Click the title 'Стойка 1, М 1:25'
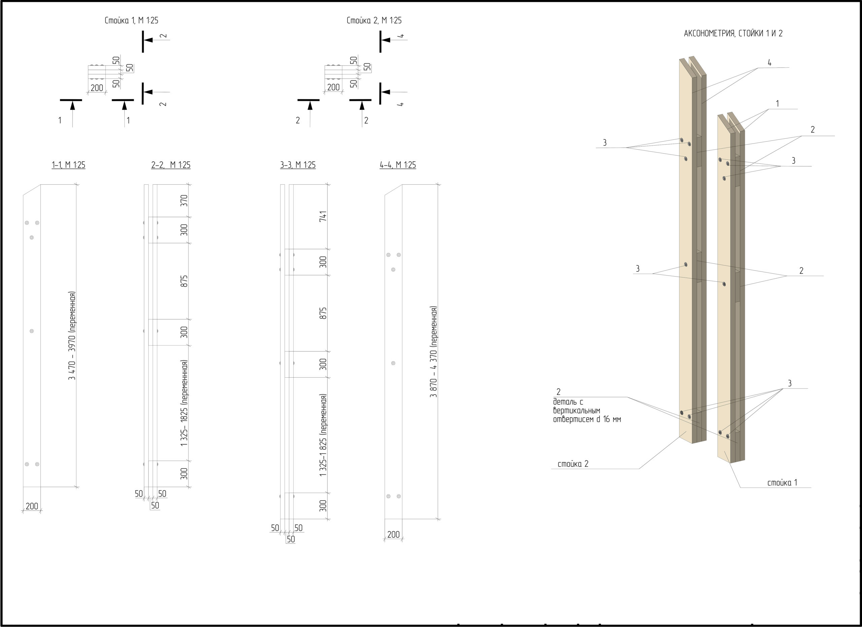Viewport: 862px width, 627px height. click(x=132, y=21)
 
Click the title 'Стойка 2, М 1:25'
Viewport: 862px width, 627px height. click(x=374, y=21)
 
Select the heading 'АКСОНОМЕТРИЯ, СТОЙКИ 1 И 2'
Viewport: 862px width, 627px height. click(x=733, y=33)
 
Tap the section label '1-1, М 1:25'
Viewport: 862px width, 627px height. click(x=68, y=165)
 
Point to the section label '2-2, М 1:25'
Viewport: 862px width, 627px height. click(x=171, y=165)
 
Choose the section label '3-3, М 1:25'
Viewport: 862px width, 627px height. click(x=298, y=165)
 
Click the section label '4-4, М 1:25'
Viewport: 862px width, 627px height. click(x=398, y=165)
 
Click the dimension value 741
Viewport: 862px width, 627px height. click(x=323, y=216)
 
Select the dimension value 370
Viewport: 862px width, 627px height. click(x=184, y=200)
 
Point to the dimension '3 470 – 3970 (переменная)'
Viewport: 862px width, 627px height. click(x=72, y=336)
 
